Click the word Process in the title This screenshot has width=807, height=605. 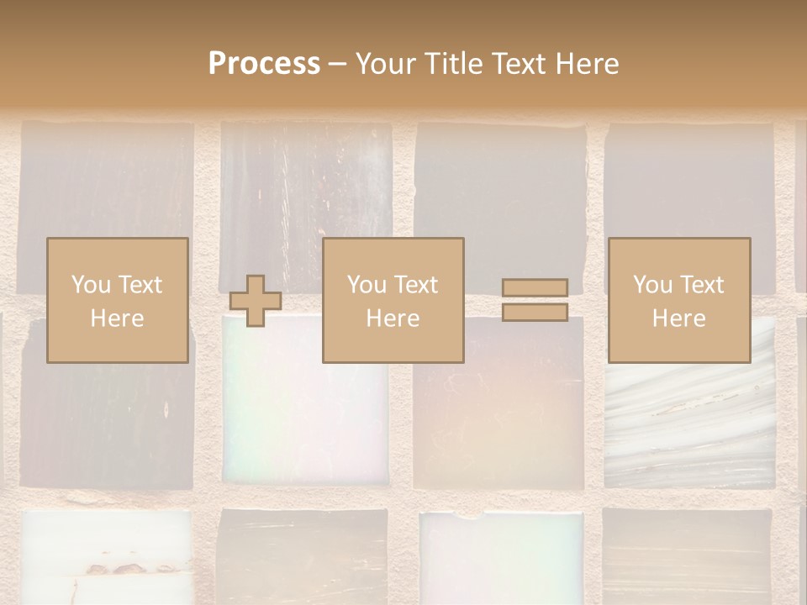(x=264, y=64)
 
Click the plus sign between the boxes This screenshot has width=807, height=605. (x=256, y=301)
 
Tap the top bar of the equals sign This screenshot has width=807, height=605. (x=535, y=288)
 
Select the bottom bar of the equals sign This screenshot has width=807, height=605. (x=535, y=313)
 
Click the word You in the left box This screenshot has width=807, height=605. (x=90, y=285)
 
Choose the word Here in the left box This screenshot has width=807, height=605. (x=117, y=318)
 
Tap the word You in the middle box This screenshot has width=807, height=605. (x=367, y=285)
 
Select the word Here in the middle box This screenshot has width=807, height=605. (x=393, y=318)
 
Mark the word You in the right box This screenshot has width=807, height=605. (x=652, y=285)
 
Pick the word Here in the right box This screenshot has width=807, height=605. (x=678, y=318)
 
